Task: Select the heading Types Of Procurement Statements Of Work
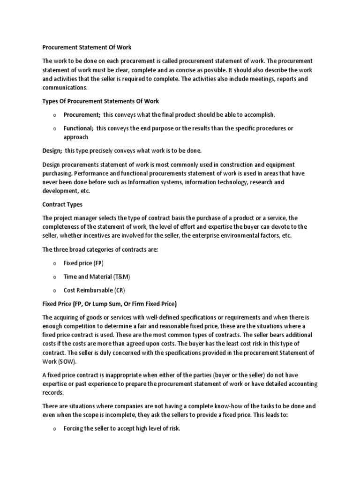coord(101,101)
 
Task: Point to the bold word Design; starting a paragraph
coord(52,150)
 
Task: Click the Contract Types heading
coord(63,204)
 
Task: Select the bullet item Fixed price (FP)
coord(83,263)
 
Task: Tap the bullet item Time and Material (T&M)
coord(94,277)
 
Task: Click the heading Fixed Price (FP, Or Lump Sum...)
coord(110,303)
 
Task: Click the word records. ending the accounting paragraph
coord(53,393)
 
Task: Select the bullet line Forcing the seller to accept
coord(122,429)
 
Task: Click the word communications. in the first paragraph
coord(65,87)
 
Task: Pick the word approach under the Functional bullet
coord(76,137)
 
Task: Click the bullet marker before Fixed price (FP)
coord(55,263)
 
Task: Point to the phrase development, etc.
coord(66,191)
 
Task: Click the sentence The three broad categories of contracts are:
coord(100,249)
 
